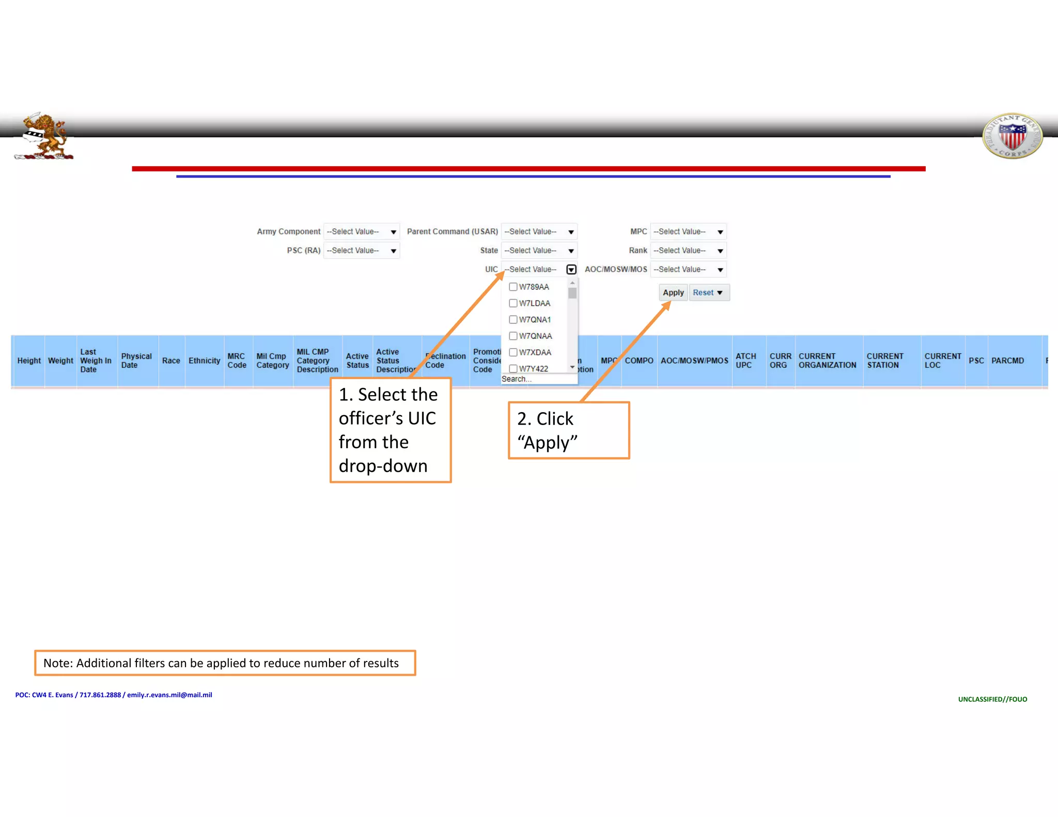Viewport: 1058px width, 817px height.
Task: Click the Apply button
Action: pos(673,292)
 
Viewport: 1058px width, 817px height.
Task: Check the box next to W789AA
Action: pos(513,287)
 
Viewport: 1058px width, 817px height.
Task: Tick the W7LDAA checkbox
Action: pos(513,303)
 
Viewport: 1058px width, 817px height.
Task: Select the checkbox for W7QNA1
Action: pos(513,320)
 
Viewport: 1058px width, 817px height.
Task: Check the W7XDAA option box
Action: pos(513,352)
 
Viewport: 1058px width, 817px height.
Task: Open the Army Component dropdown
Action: pos(361,231)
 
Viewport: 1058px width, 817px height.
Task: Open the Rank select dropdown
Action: pos(688,250)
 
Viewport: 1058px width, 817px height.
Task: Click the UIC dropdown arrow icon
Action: pos(571,270)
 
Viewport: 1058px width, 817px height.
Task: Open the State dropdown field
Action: pos(538,250)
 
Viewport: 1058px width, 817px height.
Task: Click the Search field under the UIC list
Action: pos(537,379)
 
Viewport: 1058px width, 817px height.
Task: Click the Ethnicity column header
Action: pos(204,360)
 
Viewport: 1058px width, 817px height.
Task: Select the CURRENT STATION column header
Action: pos(884,360)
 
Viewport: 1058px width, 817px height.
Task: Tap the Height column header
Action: pos(29,360)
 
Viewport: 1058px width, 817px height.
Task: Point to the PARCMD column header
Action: pos(1007,360)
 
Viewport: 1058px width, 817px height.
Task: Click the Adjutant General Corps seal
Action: pos(1012,136)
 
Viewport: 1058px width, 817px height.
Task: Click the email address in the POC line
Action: pos(169,695)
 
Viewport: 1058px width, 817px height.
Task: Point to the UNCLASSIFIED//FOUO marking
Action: pos(992,699)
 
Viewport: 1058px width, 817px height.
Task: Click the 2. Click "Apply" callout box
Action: pos(568,430)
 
